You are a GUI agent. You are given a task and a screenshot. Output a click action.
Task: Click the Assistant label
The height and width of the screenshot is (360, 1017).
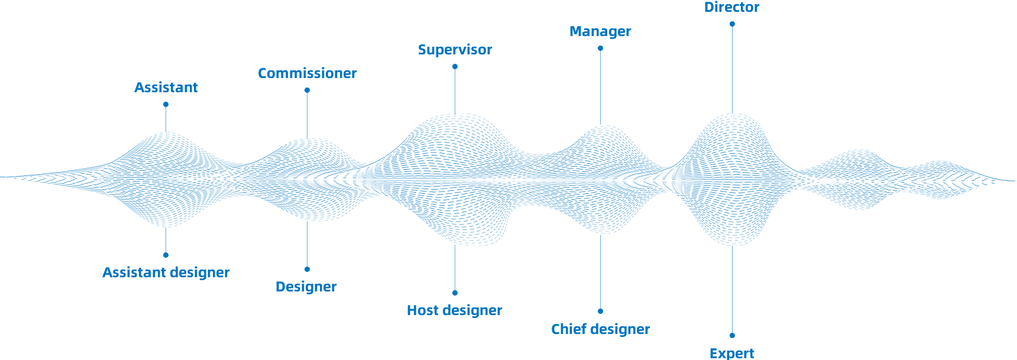click(166, 87)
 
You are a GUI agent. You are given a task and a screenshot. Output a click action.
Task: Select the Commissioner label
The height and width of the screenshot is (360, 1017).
click(307, 73)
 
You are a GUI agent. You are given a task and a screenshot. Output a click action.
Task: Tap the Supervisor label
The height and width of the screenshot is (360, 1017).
click(455, 50)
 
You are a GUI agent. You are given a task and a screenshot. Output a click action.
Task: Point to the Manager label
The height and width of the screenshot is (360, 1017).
click(600, 31)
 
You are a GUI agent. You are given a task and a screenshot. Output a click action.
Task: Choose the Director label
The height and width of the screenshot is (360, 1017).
click(731, 7)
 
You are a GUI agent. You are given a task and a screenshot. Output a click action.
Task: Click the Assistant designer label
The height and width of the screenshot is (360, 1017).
click(166, 273)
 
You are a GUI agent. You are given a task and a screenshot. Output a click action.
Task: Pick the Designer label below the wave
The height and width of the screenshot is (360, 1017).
click(306, 287)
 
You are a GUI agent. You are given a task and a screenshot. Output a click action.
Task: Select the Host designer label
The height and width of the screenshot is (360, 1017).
click(454, 310)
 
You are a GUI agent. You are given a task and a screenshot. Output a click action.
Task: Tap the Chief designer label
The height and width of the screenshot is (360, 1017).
click(600, 329)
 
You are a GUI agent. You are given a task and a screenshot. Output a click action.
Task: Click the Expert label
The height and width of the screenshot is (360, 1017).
click(731, 353)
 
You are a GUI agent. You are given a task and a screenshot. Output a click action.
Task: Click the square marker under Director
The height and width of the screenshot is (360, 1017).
click(732, 24)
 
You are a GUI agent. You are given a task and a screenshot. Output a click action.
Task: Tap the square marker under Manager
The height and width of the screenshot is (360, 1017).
click(600, 48)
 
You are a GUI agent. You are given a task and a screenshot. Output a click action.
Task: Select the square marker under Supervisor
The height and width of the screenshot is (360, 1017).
click(455, 66)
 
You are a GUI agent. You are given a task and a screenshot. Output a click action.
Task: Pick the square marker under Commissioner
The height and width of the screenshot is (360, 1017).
click(307, 90)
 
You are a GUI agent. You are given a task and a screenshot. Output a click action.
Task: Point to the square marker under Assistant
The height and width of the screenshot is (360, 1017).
click(166, 104)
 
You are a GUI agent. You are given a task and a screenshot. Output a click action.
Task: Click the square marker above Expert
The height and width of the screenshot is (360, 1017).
click(732, 335)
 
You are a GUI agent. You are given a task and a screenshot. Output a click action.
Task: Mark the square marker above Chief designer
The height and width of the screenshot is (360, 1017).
click(600, 311)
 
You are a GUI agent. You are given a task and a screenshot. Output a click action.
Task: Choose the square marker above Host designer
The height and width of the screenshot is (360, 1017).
click(455, 293)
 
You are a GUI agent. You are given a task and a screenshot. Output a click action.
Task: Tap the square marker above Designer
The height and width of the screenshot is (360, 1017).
click(307, 269)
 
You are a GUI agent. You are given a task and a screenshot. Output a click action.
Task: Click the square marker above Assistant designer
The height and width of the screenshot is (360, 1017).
click(166, 255)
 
